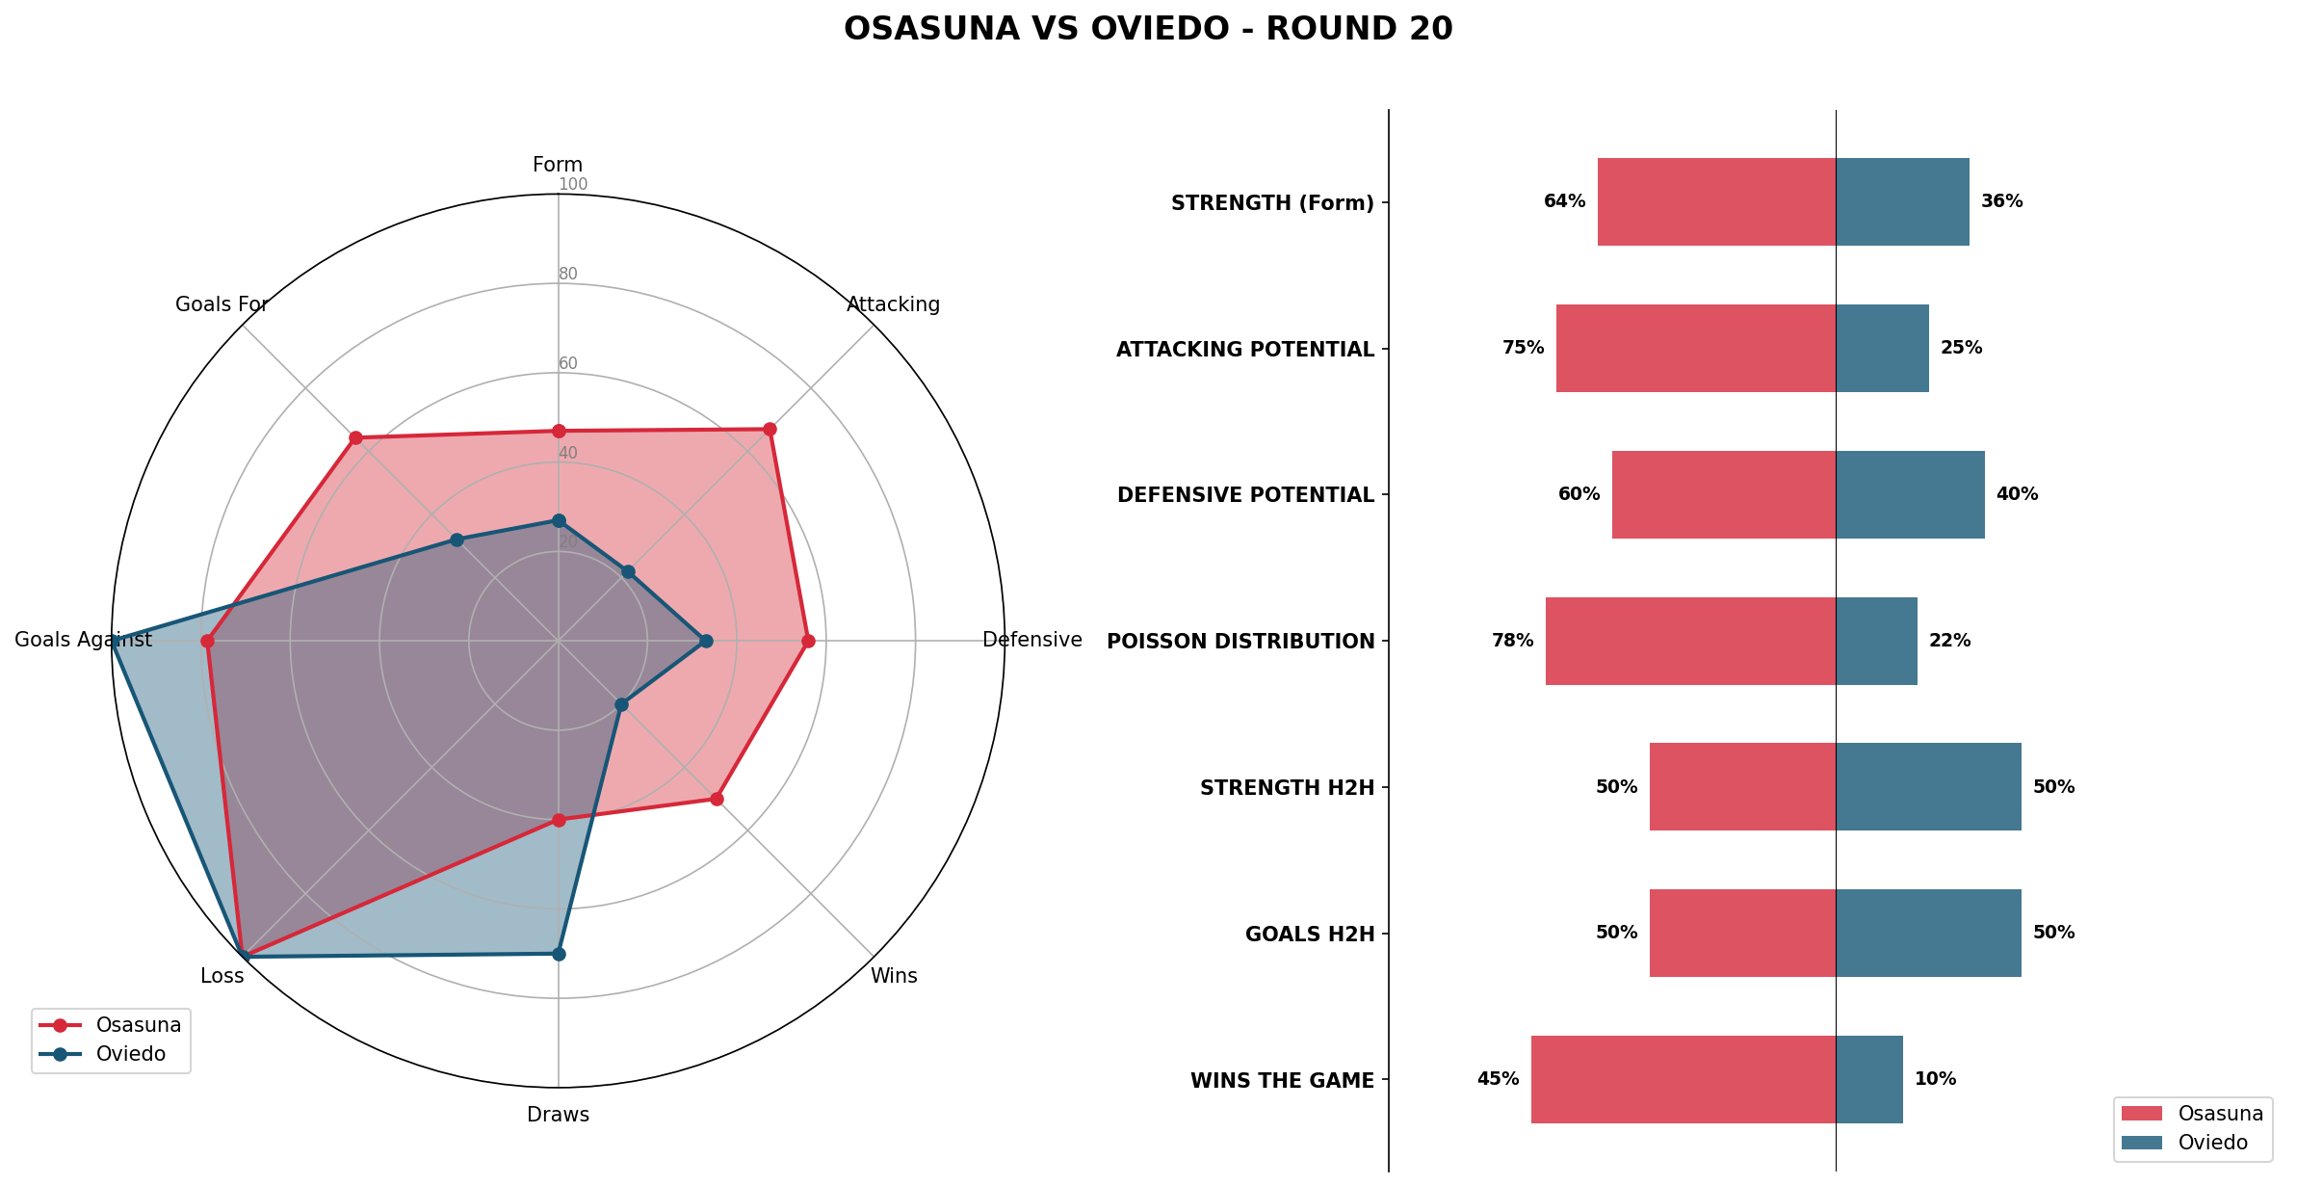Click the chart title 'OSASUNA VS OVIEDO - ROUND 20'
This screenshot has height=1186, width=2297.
(1148, 29)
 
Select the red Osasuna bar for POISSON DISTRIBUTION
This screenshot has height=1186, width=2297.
(1690, 641)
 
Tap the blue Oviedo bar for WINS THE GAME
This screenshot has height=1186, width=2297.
(1868, 1079)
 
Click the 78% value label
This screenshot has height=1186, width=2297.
(1512, 641)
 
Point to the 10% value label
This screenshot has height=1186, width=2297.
(1935, 1079)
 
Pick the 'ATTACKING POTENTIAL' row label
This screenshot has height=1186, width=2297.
(1244, 350)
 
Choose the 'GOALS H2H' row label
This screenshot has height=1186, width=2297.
(1309, 935)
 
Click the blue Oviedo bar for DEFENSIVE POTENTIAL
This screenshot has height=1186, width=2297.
(1910, 494)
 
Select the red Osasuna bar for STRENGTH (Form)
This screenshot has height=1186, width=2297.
(1716, 201)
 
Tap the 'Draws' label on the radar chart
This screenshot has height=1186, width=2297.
(558, 1115)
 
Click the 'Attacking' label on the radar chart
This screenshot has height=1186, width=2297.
(893, 304)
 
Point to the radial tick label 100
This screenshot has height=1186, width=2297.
(572, 184)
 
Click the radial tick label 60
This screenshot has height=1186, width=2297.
(568, 363)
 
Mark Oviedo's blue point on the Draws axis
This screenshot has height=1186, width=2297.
(559, 954)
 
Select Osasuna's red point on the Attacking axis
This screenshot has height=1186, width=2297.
(770, 429)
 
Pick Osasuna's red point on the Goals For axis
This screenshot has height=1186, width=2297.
(355, 437)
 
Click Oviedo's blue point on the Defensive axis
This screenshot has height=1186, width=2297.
(706, 641)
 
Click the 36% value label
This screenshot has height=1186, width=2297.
(2001, 201)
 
